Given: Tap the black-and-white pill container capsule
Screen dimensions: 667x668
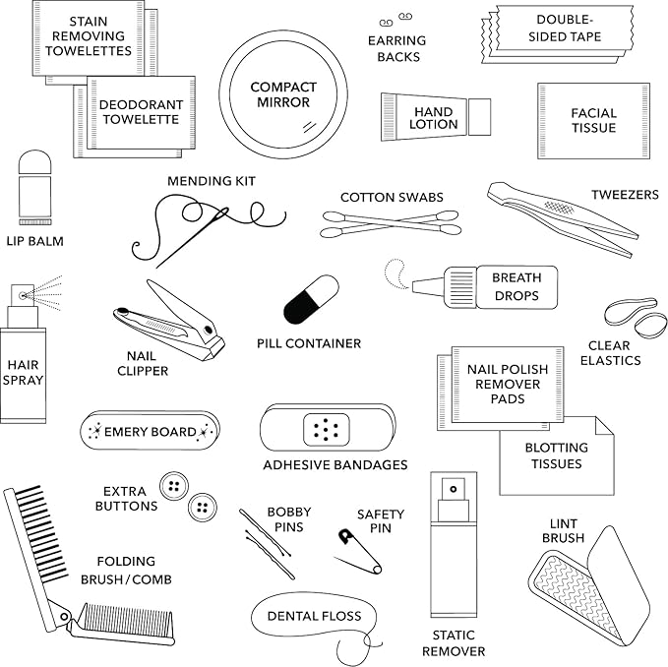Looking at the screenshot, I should (x=311, y=299).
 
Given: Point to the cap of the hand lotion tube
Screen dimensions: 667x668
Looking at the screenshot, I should (x=479, y=117).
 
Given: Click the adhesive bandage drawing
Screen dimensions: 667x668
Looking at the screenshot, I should (x=327, y=428).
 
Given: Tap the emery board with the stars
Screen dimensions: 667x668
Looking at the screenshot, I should (x=150, y=431).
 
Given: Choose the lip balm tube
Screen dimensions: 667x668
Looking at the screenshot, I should (x=34, y=188).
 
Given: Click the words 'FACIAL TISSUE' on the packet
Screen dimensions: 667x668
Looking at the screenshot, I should (x=593, y=121).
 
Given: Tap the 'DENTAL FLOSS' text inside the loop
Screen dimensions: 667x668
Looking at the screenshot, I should (x=314, y=616).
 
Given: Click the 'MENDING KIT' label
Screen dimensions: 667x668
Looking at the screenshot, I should (x=211, y=181).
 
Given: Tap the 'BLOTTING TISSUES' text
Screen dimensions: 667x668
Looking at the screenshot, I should (x=556, y=455).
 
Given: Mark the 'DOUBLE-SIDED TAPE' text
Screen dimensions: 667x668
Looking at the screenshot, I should (x=569, y=29).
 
